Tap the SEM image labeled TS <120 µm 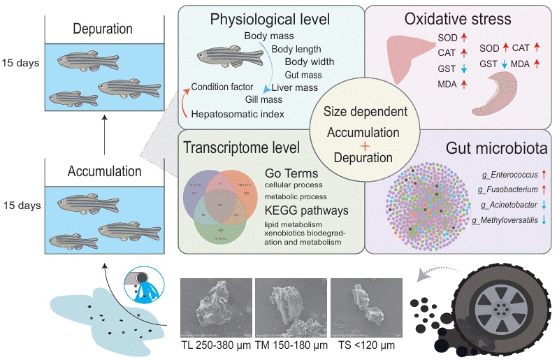point(364,308)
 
